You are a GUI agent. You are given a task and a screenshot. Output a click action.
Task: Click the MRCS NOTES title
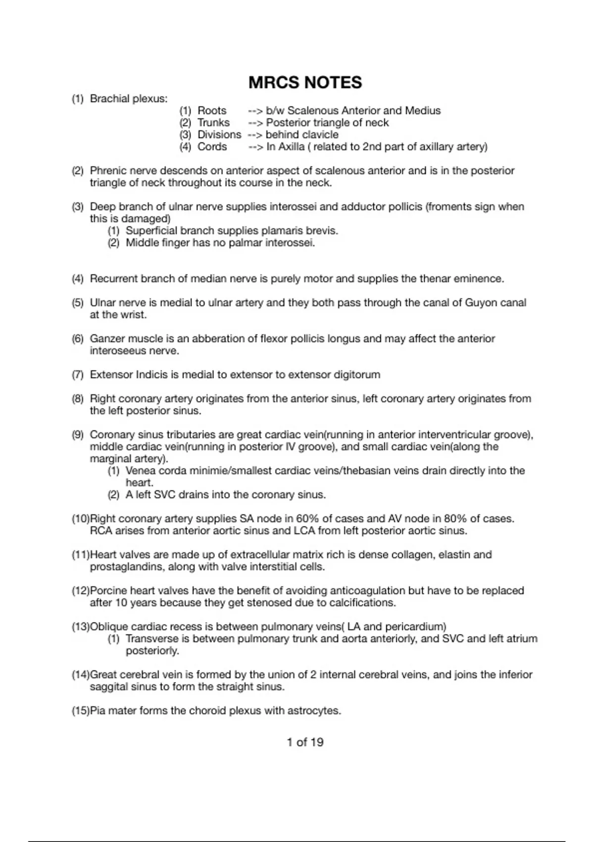tap(305, 82)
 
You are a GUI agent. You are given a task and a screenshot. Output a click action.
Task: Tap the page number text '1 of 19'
tap(305, 742)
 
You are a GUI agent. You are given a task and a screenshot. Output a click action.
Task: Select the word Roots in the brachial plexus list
tap(212, 110)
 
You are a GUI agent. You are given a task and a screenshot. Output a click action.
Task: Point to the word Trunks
tap(213, 122)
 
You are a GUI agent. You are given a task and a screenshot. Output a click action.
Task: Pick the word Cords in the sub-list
tap(212, 147)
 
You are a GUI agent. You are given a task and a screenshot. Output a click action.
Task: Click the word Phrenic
tap(107, 171)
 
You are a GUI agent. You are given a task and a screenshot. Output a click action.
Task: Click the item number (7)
tap(78, 375)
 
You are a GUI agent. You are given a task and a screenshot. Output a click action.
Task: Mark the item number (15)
tap(80, 711)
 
